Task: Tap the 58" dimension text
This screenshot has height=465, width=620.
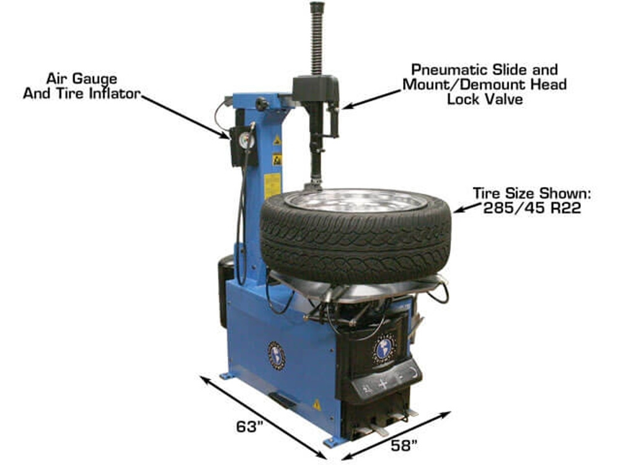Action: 404,444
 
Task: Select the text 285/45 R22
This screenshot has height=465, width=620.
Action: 532,208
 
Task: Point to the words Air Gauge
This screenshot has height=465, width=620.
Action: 82,79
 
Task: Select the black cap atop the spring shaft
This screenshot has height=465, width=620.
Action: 317,8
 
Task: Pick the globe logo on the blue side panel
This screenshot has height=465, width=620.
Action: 277,355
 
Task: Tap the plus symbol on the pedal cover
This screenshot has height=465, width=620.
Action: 383,383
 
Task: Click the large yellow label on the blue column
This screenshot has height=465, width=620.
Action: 272,185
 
